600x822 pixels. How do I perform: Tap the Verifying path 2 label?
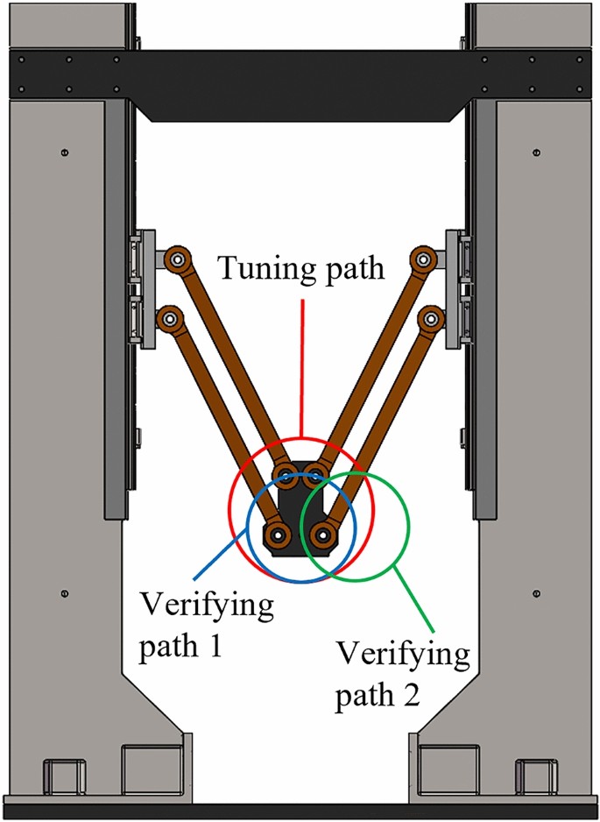click(x=404, y=676)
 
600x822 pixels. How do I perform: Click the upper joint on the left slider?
click(x=178, y=260)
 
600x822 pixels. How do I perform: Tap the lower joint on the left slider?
click(x=168, y=317)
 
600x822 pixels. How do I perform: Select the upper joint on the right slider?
click(x=424, y=260)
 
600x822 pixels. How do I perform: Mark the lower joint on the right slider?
click(x=429, y=317)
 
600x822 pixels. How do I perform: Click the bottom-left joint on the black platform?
click(x=279, y=534)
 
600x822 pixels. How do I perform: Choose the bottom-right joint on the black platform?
click(x=322, y=533)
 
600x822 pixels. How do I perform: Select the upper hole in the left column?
click(x=65, y=153)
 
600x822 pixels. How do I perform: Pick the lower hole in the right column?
click(x=536, y=594)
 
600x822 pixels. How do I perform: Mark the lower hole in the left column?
click(x=65, y=594)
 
